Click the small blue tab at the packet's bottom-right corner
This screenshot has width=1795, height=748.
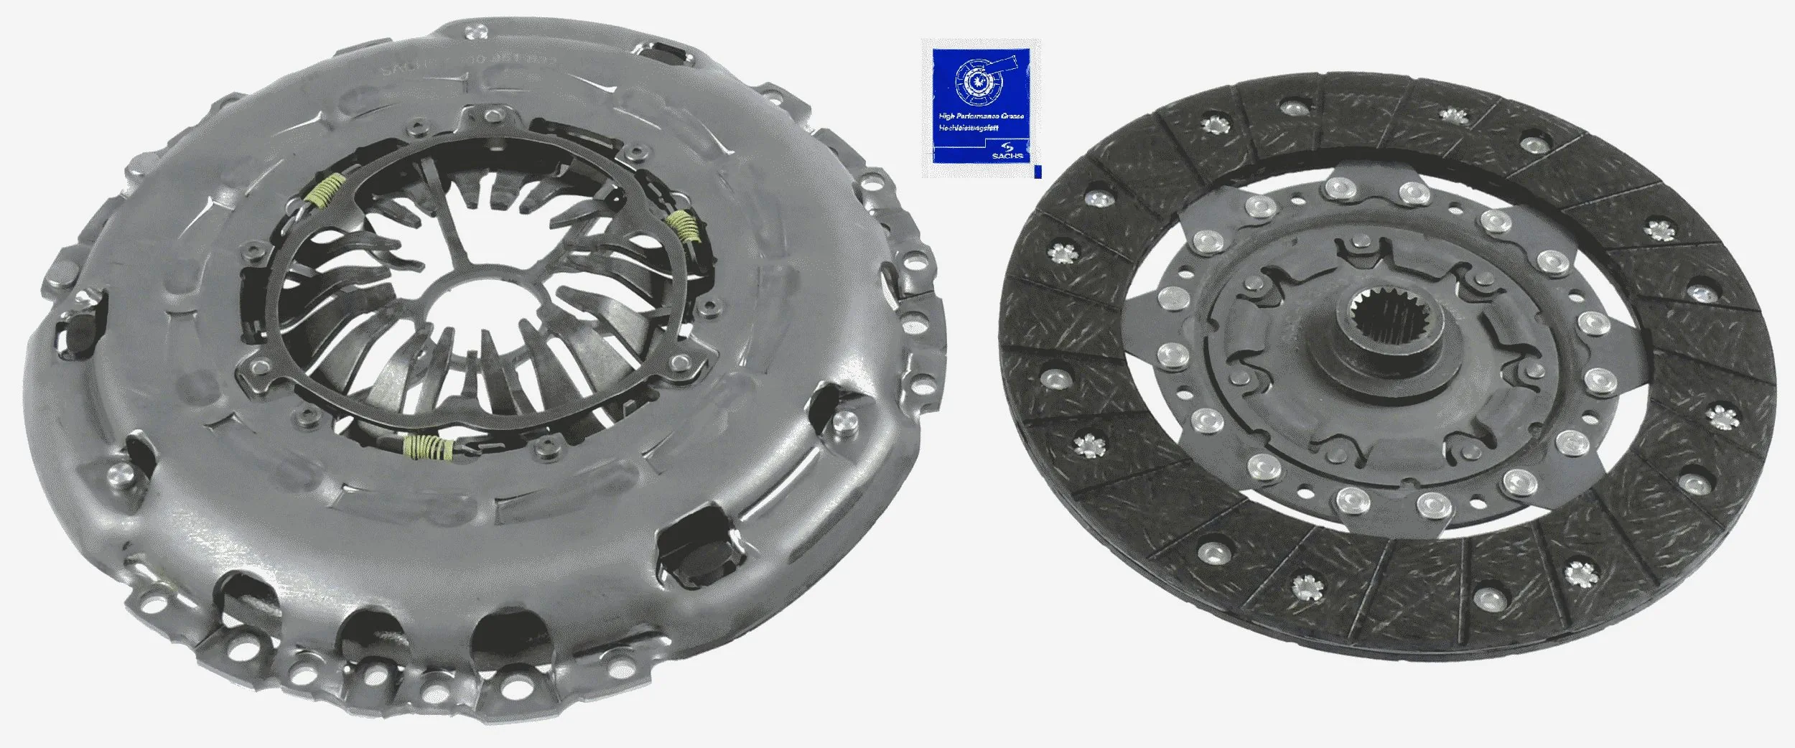pos(1036,172)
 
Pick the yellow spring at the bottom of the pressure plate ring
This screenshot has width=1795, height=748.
pos(429,447)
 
